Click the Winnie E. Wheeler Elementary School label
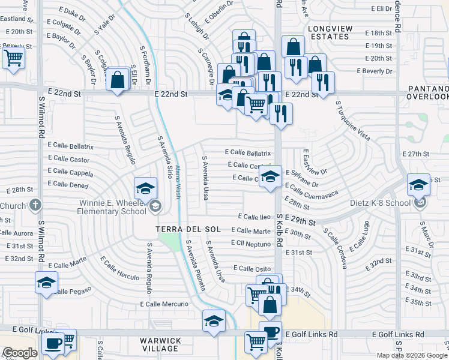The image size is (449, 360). (113, 206)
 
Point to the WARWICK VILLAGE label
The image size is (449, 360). (160, 344)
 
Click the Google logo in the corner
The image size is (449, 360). (19, 353)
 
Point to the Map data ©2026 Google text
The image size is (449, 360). (411, 355)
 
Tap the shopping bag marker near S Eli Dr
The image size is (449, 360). (118, 78)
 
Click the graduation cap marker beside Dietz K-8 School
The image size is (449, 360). (418, 185)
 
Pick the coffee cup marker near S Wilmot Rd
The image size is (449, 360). (53, 344)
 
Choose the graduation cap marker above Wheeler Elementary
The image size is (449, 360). (145, 189)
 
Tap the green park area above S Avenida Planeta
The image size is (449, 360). (170, 244)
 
